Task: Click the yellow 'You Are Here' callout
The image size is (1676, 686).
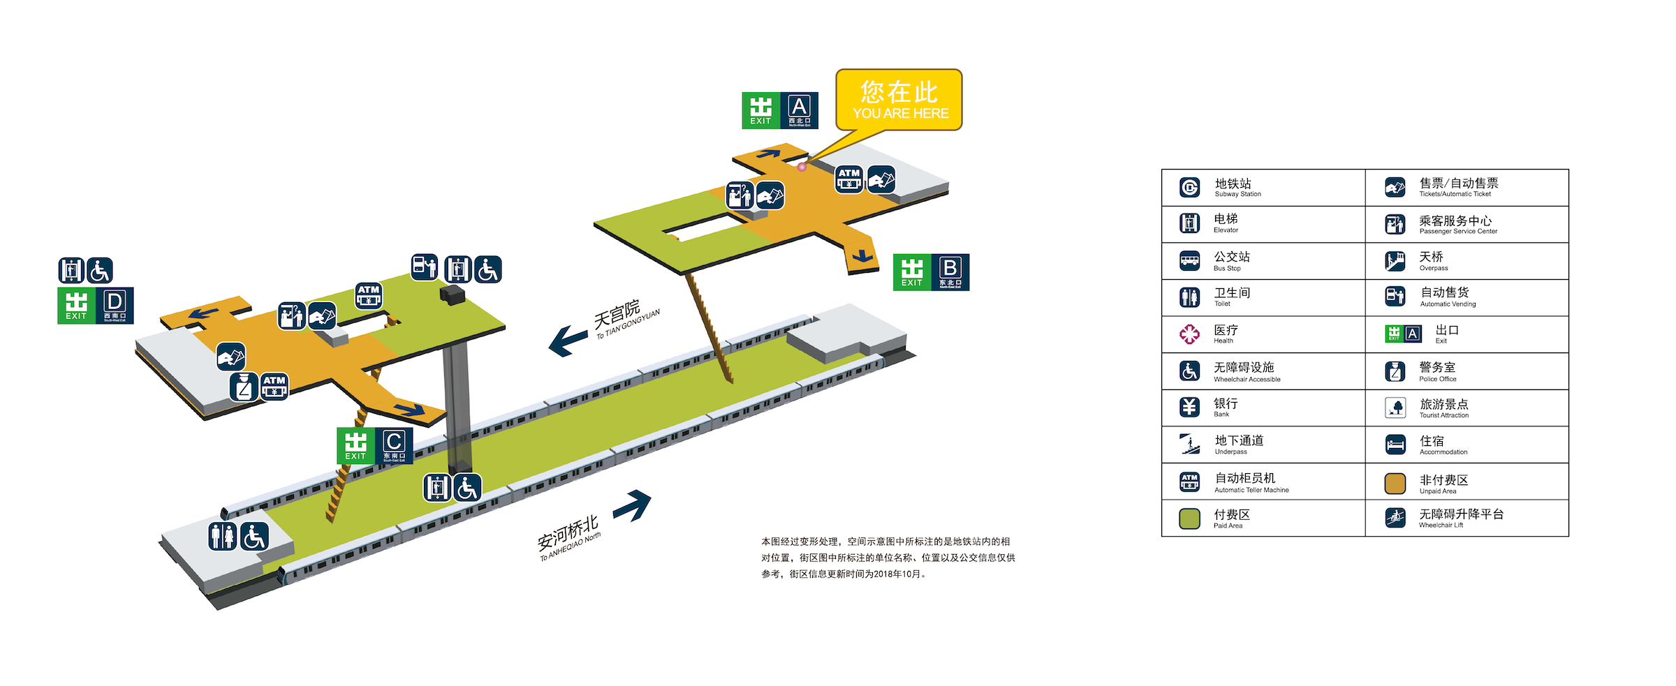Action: [899, 100]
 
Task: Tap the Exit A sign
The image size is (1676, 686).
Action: [779, 110]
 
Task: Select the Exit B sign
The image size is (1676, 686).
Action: [931, 272]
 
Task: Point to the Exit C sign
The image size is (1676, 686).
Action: [375, 445]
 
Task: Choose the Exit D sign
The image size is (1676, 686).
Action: [96, 306]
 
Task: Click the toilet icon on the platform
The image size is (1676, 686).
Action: [223, 536]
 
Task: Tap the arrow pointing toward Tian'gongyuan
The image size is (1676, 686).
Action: [567, 340]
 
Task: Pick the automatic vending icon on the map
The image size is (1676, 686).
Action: [425, 267]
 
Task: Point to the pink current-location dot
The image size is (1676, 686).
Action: [802, 167]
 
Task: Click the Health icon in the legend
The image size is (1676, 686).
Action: [1189, 334]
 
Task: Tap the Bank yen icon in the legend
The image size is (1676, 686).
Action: [1189, 407]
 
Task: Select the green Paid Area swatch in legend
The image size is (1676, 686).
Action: [1189, 519]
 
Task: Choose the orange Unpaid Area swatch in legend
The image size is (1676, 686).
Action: [1395, 483]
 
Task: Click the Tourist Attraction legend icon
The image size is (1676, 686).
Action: [1395, 408]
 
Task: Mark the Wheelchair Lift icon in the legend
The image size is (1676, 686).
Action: [1395, 518]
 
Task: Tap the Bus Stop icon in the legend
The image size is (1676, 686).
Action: [1189, 261]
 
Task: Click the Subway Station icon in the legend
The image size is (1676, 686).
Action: [1189, 187]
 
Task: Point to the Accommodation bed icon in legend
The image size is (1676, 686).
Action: [1395, 445]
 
